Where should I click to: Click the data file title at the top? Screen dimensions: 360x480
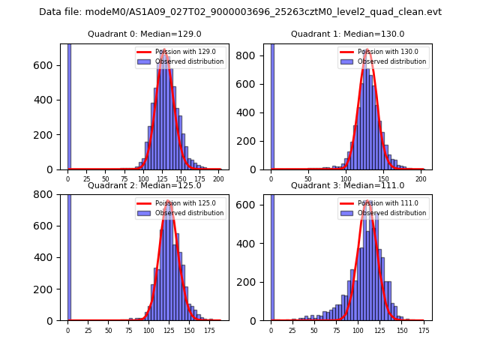click(240, 12)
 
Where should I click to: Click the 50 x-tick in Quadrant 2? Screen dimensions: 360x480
click(108, 331)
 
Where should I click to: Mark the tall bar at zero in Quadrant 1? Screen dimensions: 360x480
click(271, 105)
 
